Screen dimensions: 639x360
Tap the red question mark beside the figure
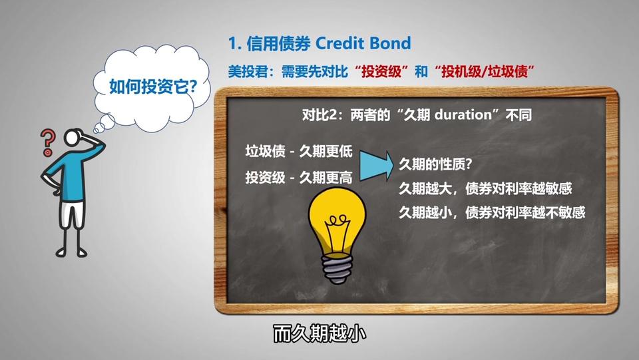[47, 142]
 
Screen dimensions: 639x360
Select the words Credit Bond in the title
[363, 43]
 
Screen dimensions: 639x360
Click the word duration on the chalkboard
[463, 115]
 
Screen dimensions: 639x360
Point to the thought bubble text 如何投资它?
[153, 87]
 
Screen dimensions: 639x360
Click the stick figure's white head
[73, 137]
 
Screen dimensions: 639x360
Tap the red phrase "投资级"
[381, 72]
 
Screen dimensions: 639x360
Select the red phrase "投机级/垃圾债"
[484, 72]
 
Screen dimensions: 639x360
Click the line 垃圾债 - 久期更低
[299, 152]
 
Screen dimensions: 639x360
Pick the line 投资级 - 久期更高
[299, 178]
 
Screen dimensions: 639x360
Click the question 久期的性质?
[435, 164]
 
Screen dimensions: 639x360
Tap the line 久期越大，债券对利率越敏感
[485, 188]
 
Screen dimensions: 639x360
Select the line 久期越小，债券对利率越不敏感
[492, 212]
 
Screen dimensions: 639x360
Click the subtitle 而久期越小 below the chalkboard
[319, 334]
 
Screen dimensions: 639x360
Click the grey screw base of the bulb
[337, 269]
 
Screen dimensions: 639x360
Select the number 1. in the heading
[234, 43]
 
